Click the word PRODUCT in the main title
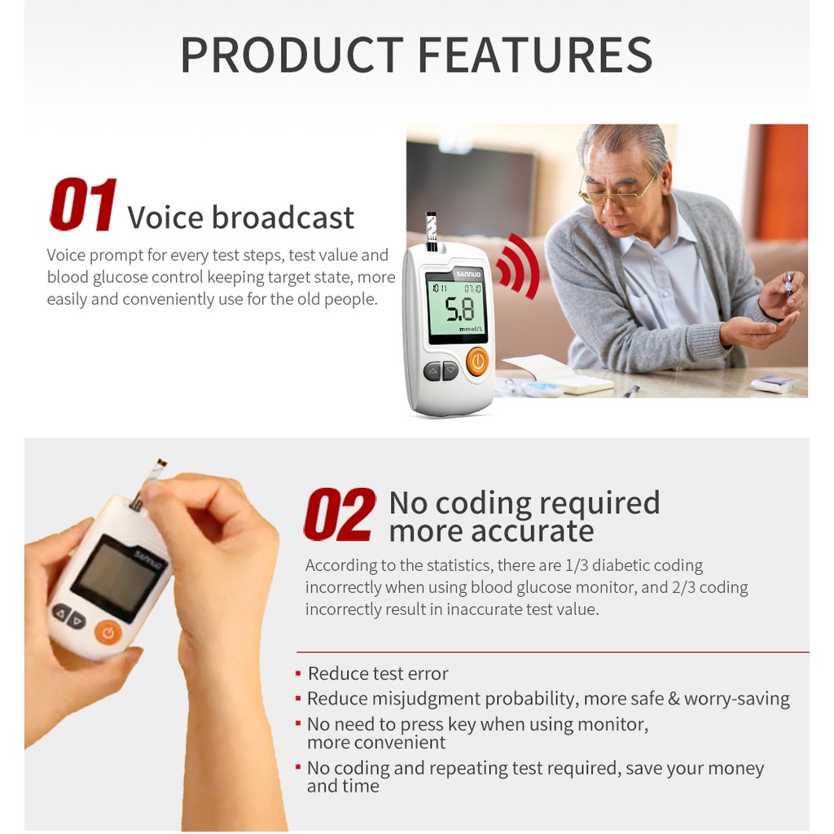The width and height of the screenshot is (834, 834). (x=292, y=55)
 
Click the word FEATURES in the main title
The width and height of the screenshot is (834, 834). (x=535, y=55)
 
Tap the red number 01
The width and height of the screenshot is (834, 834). (x=84, y=204)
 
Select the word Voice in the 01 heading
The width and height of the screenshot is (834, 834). (x=165, y=217)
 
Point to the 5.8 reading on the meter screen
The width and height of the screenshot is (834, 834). (x=459, y=309)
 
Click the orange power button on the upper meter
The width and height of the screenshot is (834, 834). (x=477, y=362)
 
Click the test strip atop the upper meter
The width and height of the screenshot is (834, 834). (x=431, y=230)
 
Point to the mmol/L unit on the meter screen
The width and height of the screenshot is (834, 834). (x=472, y=329)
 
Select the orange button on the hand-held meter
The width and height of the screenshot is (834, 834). (x=108, y=632)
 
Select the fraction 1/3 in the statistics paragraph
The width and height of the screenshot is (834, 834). (x=576, y=565)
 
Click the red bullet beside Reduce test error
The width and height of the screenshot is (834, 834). (x=298, y=674)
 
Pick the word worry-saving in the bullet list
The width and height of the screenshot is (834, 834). (x=736, y=699)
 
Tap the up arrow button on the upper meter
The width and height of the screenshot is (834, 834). (x=432, y=371)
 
